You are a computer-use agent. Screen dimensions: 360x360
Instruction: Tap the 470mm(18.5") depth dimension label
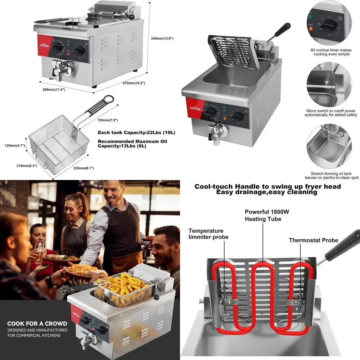point(134,83)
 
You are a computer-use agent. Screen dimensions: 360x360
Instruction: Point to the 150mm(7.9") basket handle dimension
point(108,120)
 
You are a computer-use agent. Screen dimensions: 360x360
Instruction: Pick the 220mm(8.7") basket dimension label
point(83,168)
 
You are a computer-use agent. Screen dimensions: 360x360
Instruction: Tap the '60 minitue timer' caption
point(331,52)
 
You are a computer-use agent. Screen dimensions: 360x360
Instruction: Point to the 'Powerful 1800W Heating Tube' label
point(267,215)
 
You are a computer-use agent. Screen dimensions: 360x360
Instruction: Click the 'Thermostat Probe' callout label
point(313,240)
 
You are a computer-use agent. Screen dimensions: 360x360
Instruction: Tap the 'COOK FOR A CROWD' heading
point(37,323)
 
